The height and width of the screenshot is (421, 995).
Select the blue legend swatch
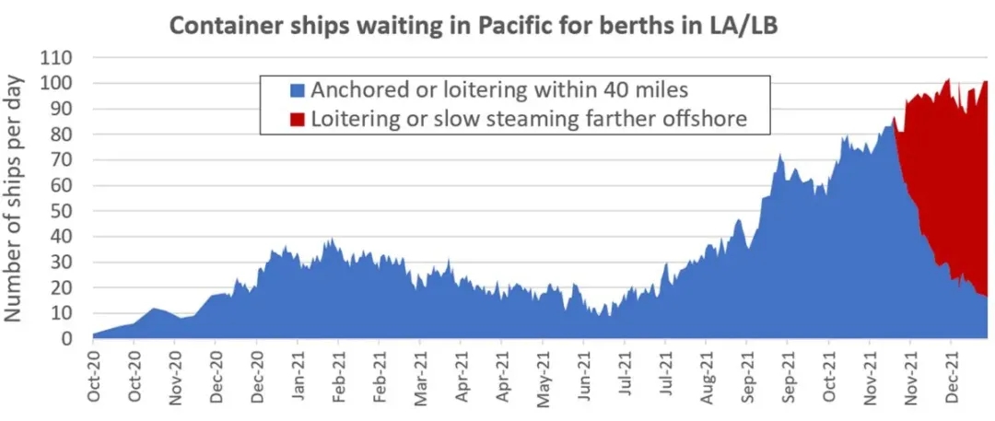pyautogui.click(x=298, y=91)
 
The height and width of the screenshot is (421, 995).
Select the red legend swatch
pyautogui.click(x=298, y=119)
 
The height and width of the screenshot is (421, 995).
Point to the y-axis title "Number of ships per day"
pyautogui.click(x=16, y=197)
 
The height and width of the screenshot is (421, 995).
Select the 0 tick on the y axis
pyautogui.click(x=69, y=339)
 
